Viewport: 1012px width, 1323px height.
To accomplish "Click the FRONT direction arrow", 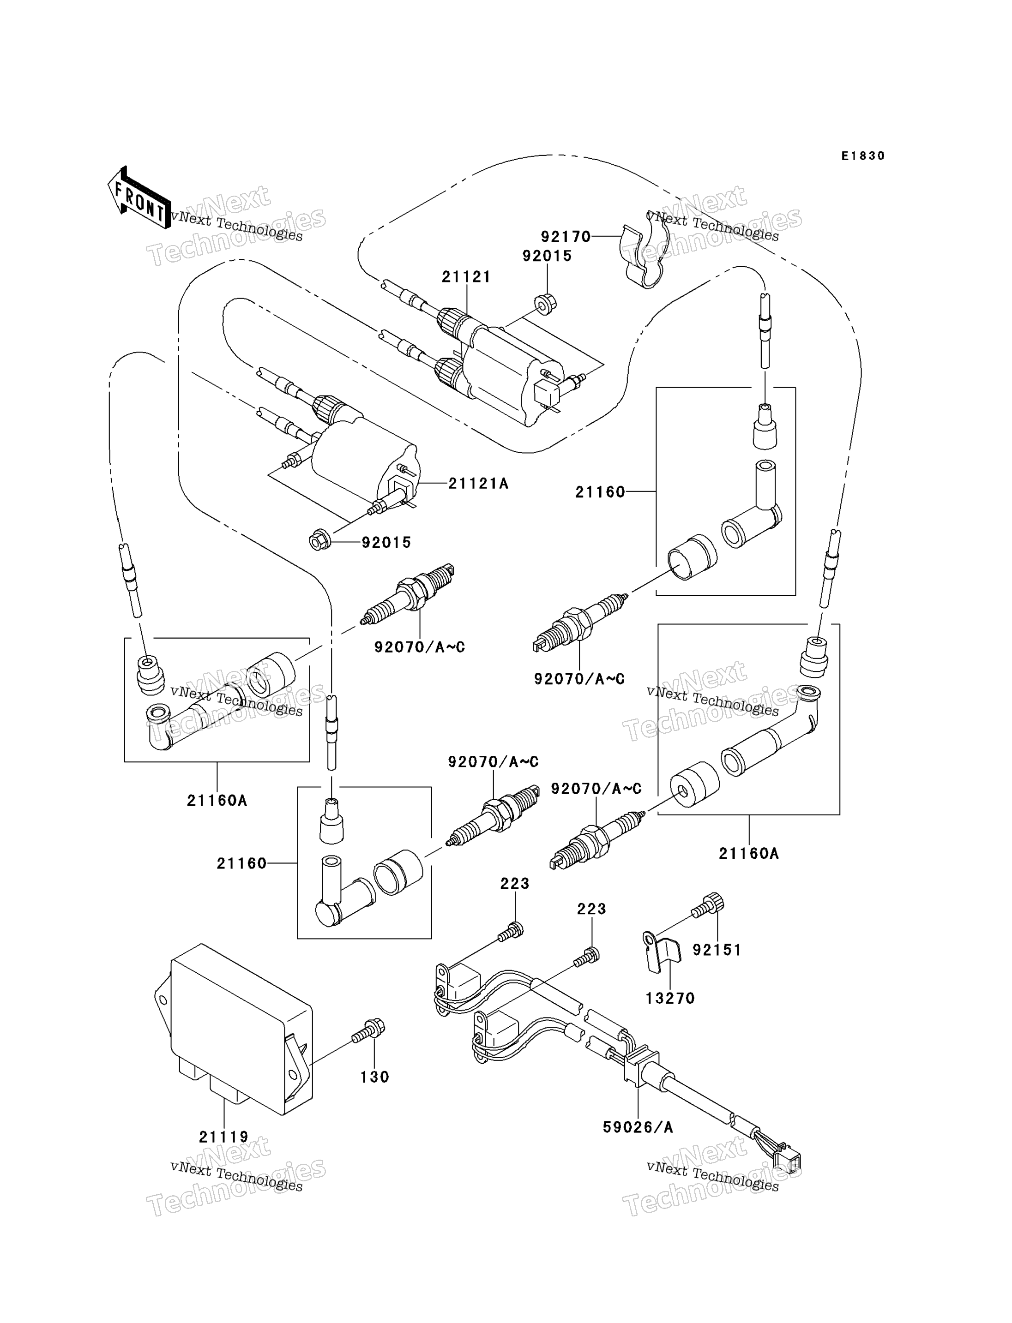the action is pyautogui.click(x=139, y=198).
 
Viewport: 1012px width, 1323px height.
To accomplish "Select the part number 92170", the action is pyautogui.click(x=566, y=237).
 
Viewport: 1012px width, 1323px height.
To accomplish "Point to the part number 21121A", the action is pyautogui.click(x=478, y=484).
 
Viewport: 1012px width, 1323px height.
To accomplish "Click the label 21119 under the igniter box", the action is pyautogui.click(x=223, y=1137).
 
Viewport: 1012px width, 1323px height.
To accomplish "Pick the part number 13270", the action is pyautogui.click(x=670, y=999).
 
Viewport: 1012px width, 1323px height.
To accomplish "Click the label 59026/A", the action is pyautogui.click(x=638, y=1127).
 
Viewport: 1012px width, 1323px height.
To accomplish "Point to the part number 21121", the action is pyautogui.click(x=466, y=277).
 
